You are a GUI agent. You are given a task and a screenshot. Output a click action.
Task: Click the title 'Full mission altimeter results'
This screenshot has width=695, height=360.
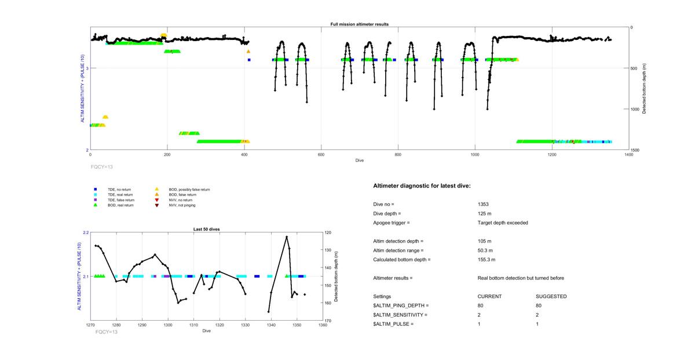click(x=360, y=24)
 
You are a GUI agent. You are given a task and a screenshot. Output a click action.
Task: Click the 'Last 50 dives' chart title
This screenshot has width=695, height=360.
click(x=206, y=229)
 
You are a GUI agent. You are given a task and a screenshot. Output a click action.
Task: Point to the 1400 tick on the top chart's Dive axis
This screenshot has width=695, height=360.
click(x=628, y=155)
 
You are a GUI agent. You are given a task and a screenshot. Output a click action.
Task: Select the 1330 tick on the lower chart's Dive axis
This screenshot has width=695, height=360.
click(x=246, y=325)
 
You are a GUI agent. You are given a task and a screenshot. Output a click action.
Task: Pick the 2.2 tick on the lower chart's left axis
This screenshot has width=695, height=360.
click(x=85, y=233)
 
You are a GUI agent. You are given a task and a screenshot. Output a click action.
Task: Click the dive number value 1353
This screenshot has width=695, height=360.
click(x=484, y=204)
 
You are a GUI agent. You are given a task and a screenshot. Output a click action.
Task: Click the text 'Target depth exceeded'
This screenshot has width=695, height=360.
click(x=503, y=223)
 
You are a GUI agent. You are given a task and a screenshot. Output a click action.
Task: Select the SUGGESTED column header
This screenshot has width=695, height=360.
click(x=551, y=296)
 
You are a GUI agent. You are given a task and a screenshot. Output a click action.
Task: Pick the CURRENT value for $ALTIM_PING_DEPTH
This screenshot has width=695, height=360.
click(x=481, y=306)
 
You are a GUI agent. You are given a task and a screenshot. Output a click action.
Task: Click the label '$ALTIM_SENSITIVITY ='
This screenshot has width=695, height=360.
click(x=400, y=315)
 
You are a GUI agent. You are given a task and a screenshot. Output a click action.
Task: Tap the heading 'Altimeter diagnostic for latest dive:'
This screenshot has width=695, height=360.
click(x=422, y=186)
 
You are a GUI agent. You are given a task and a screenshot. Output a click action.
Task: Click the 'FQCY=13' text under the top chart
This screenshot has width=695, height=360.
click(x=102, y=166)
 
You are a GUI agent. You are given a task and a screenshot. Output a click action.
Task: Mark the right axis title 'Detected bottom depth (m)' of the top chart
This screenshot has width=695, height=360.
click(x=645, y=89)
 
